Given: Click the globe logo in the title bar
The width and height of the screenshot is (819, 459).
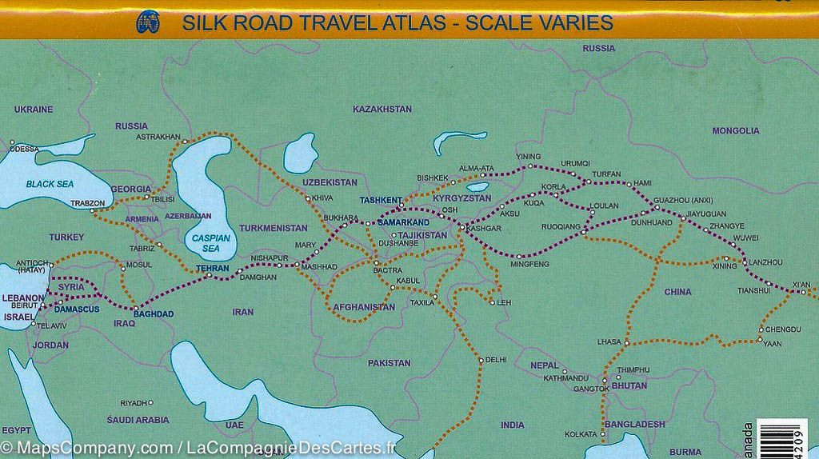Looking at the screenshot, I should click(x=148, y=22).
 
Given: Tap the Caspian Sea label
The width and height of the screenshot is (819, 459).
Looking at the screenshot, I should click(x=210, y=242).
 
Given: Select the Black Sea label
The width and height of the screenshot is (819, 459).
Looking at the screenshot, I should click(x=50, y=184).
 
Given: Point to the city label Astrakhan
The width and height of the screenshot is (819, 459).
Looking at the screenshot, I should click(x=158, y=137).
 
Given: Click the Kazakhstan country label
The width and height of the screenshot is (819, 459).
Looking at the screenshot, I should click(x=382, y=109).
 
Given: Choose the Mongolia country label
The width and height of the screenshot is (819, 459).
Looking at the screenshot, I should click(x=736, y=130).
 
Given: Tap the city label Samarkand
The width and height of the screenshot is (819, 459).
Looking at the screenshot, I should click(x=403, y=222).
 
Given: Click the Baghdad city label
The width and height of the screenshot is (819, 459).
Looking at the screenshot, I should click(x=154, y=313).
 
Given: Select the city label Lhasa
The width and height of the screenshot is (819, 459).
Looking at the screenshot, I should click(x=609, y=341).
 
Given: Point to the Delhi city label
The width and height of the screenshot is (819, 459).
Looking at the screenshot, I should click(x=496, y=360).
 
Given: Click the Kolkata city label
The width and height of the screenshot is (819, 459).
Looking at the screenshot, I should click(x=581, y=434).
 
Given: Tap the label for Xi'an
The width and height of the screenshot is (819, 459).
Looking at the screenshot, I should click(x=801, y=285).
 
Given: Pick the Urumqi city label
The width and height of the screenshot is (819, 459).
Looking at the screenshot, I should click(x=575, y=163).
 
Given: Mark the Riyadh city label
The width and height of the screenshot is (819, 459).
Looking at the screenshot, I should click(x=134, y=403).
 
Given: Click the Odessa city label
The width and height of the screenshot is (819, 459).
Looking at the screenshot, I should click(x=24, y=149).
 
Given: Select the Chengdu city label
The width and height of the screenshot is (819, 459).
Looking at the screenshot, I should click(x=783, y=329).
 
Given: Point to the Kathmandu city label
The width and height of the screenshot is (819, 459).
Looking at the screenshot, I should click(x=565, y=377).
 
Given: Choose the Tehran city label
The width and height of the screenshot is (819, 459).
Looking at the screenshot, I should click(x=213, y=268).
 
